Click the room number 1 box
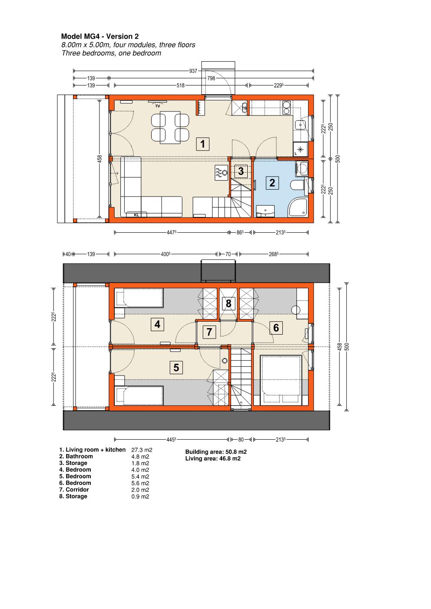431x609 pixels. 202,144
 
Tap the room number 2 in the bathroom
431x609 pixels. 272,183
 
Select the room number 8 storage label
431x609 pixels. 229,303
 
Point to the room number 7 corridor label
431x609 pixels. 209,332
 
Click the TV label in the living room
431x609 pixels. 158,106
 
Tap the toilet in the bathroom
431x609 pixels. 298,185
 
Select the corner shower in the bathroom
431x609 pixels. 298,208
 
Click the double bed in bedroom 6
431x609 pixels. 282,379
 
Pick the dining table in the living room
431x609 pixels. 170,127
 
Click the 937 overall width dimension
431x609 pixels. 193,71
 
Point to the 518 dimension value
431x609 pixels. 181,86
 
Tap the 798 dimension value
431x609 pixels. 211,78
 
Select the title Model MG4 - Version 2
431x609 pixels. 100,36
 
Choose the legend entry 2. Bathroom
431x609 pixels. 76,457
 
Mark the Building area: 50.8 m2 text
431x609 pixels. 216,452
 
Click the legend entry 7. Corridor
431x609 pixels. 74,490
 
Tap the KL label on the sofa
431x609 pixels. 136,215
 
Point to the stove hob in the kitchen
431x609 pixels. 286,108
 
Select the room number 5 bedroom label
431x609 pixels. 176,368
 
